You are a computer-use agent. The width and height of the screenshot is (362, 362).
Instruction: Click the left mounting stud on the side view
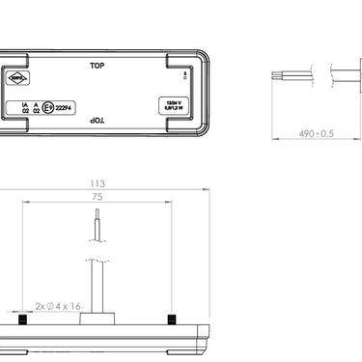point(20,319)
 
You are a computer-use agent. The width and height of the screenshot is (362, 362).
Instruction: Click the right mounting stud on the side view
point(170,319)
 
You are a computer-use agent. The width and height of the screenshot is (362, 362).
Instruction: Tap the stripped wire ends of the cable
point(280,72)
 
